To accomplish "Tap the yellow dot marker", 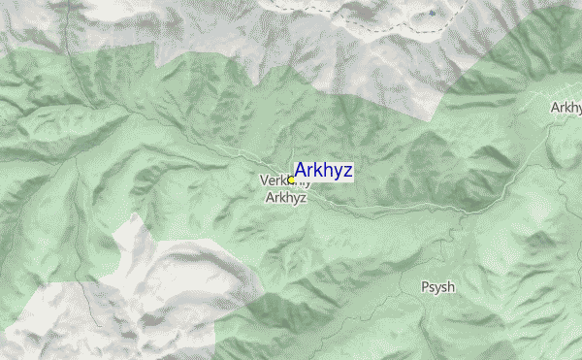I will [x=291, y=180].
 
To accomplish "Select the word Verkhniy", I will [x=280, y=180].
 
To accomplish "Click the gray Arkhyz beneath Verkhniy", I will [x=286, y=197].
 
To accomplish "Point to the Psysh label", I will [x=437, y=287].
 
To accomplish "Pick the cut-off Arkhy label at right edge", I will [x=566, y=107].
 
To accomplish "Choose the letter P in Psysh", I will [x=424, y=287].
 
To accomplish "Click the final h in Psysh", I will [x=451, y=287].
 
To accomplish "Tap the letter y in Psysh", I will [x=432, y=289].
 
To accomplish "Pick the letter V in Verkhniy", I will [x=264, y=180].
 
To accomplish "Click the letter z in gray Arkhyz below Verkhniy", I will [x=304, y=197].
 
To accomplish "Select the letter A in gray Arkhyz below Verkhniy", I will [x=271, y=197].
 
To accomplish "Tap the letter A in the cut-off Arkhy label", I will [x=555, y=107].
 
